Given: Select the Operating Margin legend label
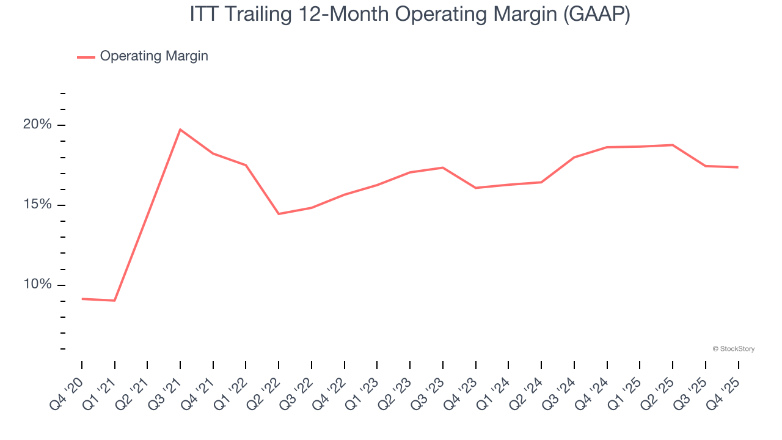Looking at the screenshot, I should [x=154, y=56].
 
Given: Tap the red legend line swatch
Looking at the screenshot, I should [x=86, y=57].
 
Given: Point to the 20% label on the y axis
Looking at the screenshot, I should [x=37, y=125].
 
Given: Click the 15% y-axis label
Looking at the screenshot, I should [x=37, y=205].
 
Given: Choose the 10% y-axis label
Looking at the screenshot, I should [x=37, y=285].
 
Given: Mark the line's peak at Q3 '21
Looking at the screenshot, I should [x=180, y=130].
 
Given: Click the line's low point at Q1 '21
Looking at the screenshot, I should [x=114, y=301].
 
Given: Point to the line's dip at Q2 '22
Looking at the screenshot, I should [x=279, y=214].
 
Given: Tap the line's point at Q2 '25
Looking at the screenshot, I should [x=673, y=145].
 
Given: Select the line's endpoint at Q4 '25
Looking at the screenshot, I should [x=738, y=167].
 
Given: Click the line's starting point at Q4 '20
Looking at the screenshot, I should [x=82, y=299].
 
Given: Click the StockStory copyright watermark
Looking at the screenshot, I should [x=733, y=349].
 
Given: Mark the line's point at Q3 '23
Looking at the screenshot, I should [x=443, y=167].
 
